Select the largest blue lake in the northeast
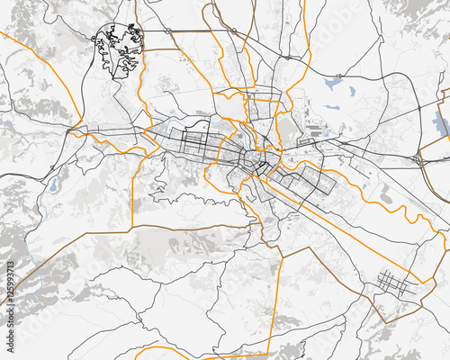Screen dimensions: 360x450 pyautogui.click(x=334, y=85)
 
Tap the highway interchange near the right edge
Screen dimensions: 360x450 pyautogui.click(x=423, y=160)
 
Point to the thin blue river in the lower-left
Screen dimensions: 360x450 pyautogui.click(x=27, y=286)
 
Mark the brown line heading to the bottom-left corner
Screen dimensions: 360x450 pyautogui.click(x=36, y=270)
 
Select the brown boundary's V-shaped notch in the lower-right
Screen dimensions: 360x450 pyautogui.click(x=388, y=318)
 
